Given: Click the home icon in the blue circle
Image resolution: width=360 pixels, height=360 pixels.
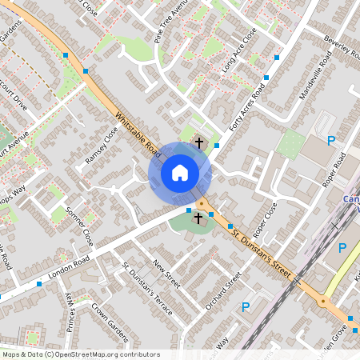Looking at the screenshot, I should tap(180, 172).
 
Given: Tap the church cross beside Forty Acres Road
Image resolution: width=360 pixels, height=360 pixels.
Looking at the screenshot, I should tap(198, 142).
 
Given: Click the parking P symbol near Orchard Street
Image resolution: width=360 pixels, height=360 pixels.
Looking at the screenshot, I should tap(246, 306).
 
